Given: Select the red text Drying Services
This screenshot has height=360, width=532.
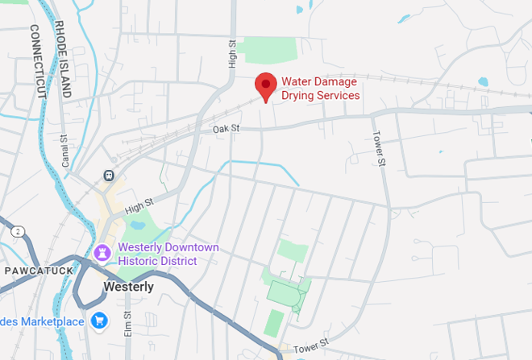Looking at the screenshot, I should click(320, 95).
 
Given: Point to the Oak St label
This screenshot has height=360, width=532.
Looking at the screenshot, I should click(227, 129).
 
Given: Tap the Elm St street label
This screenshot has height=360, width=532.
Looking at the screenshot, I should click(127, 324).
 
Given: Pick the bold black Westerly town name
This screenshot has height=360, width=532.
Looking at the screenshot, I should click(128, 287).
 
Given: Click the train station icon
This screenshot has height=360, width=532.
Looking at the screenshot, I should click(108, 176).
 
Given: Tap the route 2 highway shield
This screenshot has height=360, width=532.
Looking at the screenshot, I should click(18, 231).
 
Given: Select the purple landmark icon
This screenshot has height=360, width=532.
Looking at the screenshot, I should click(102, 253).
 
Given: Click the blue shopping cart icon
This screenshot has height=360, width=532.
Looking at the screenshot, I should click(100, 321).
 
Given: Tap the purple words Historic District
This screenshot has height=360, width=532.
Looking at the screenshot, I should click(157, 261).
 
